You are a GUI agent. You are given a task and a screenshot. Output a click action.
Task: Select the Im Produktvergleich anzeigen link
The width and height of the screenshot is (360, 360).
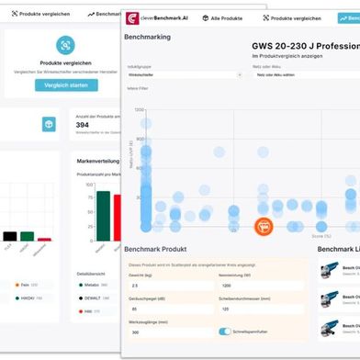(294, 57)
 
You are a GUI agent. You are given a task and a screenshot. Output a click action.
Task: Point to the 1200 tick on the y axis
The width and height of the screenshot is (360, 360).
(140, 110)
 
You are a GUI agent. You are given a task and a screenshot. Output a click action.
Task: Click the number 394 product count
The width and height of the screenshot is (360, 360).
(82, 125)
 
